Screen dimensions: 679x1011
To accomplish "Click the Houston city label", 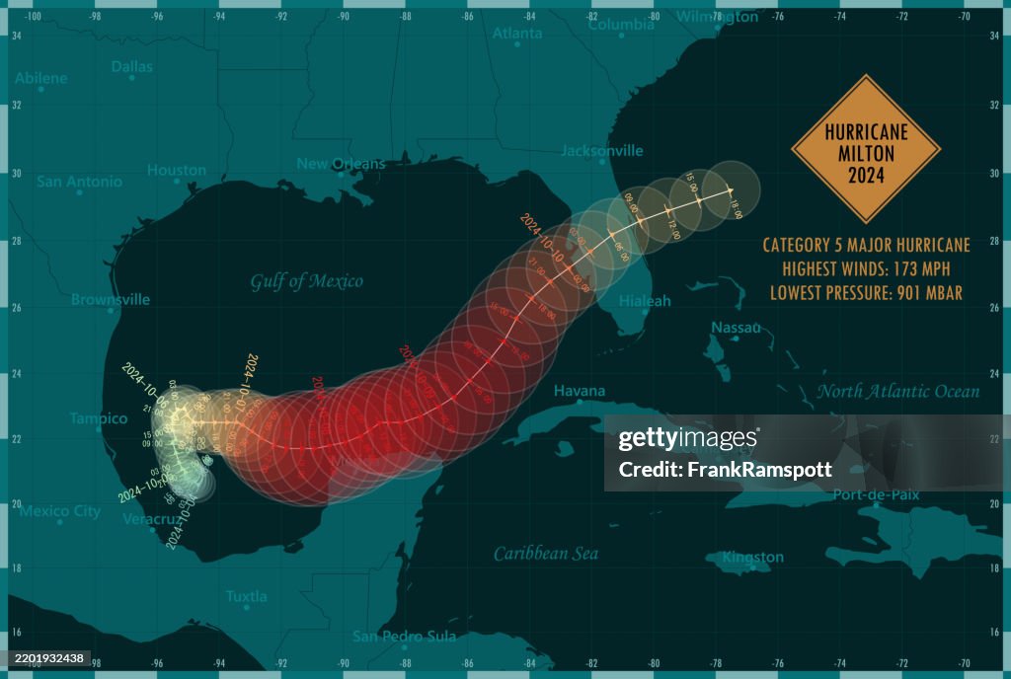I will coord(177,171).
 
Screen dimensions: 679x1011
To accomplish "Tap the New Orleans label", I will coord(341,164).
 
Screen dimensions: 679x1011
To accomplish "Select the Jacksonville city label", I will coord(601,151).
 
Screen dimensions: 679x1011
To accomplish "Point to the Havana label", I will coord(579,392).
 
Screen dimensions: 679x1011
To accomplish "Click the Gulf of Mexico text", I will coord(306,281).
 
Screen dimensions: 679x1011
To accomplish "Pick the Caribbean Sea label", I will coord(546,554).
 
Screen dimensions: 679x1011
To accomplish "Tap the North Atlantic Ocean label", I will coord(897,392).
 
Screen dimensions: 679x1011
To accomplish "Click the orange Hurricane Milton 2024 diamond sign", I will coord(866,149).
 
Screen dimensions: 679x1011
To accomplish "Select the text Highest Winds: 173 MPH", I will coord(866,268).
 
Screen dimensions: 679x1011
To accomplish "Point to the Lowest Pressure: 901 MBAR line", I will coord(866,292).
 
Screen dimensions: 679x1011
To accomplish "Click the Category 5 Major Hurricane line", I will coord(866,245).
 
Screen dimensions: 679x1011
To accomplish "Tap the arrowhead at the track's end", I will coord(730,189).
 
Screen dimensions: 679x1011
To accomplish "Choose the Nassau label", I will coord(737,328).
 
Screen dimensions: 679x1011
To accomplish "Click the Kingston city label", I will coord(752,558).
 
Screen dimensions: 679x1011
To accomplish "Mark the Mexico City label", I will coord(60,511).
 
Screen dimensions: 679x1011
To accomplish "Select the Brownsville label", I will coord(111,299).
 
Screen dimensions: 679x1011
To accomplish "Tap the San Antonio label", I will coord(79,182).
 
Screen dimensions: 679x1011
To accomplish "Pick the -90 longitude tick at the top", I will coord(343,17).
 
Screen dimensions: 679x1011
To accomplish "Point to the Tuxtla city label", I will coord(246,596).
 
